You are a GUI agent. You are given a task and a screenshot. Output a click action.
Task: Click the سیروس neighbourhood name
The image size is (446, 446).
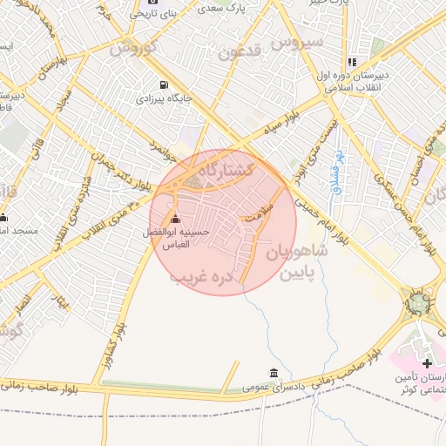pos(296,41)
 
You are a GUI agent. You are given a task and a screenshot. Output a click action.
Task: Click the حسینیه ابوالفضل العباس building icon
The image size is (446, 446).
pos(177,219)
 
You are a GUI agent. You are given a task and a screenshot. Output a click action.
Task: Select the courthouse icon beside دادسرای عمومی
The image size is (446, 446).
pos(274,373)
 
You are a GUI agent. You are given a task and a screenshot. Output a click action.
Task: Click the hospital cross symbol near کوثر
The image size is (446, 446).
pos(427,362)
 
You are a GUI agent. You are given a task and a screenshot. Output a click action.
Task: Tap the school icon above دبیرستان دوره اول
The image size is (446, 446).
pos(352,62)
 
